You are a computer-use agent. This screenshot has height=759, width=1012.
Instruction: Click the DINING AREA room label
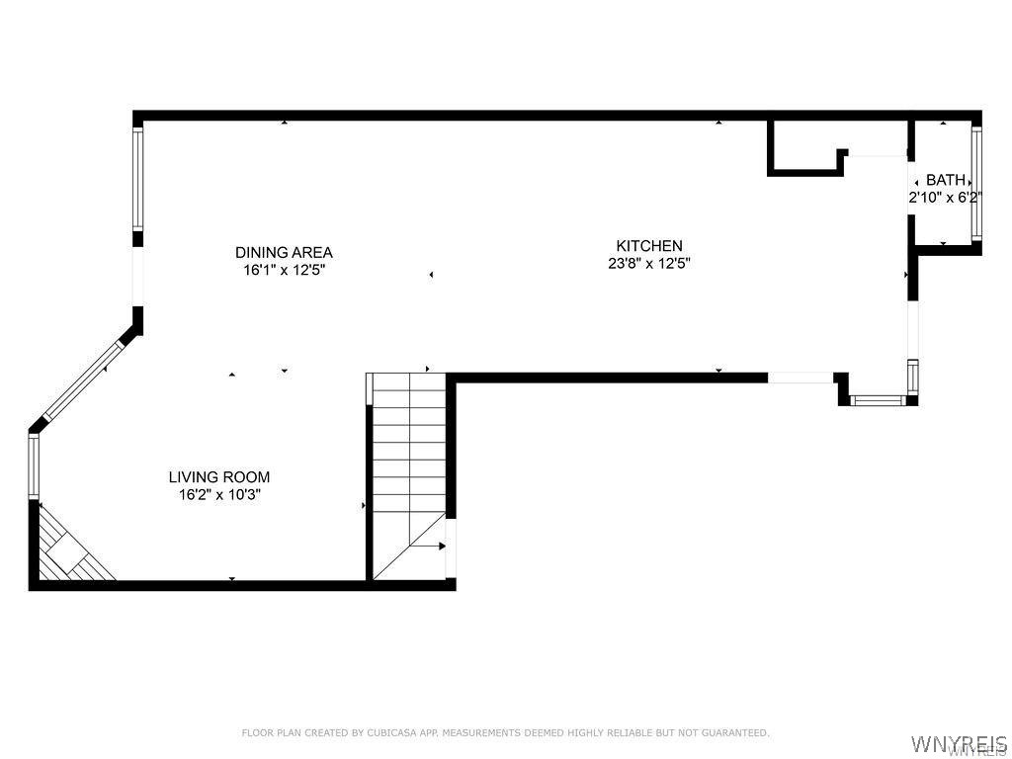284,252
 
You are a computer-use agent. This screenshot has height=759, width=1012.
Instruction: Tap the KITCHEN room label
649,246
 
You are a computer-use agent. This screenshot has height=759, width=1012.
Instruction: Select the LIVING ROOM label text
219,477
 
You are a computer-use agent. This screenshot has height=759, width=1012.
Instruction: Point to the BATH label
946,180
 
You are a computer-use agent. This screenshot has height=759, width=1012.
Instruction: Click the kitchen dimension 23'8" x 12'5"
649,263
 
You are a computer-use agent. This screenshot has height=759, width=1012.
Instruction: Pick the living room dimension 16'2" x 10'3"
219,495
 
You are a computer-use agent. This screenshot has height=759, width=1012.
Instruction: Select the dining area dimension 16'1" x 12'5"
284,270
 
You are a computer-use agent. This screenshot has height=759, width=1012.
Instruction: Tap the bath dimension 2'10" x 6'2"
945,198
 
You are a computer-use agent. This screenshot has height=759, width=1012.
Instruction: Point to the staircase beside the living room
409,476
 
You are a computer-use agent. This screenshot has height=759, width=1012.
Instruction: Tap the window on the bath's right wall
976,183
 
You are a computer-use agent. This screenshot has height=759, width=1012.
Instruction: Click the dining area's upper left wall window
137,180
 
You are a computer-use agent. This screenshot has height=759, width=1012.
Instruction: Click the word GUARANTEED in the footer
734,732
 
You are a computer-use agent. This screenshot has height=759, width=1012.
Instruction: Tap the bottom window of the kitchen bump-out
878,401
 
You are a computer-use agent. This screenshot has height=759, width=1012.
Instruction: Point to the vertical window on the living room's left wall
34,466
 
